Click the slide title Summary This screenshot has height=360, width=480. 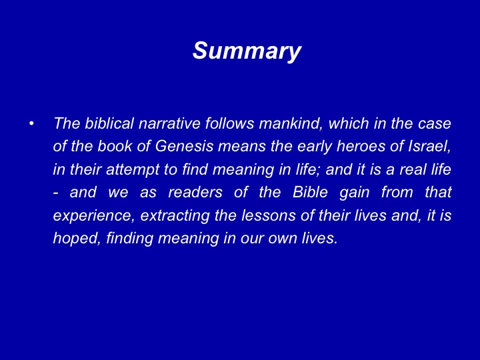(x=247, y=51)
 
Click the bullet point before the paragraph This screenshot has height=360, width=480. (x=31, y=124)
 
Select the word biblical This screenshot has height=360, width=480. (x=109, y=123)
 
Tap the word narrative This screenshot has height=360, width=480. (x=169, y=123)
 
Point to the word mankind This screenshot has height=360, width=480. (x=291, y=124)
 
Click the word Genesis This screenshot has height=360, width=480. (x=184, y=146)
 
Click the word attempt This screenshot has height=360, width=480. (x=133, y=170)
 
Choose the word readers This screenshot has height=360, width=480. (x=195, y=192)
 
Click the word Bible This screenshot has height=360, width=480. (x=310, y=192)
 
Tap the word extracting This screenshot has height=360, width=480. (x=175, y=216)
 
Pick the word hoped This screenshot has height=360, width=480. (x=77, y=239)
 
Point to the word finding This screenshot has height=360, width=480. (x=129, y=239)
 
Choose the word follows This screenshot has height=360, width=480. (x=229, y=123)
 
